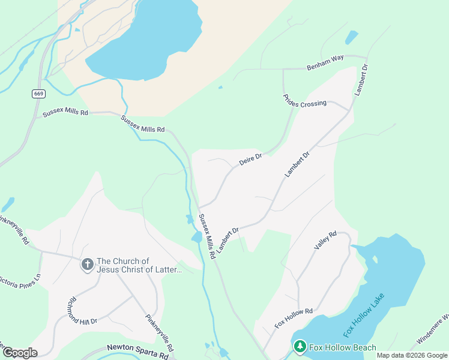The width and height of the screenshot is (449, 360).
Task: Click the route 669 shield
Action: point(38,94)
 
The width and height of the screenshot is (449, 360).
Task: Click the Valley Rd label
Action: point(325,240)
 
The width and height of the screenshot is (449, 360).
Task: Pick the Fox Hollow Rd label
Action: point(294,317)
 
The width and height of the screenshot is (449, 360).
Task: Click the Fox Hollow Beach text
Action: point(343,347)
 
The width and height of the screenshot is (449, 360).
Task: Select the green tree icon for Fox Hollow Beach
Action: point(299,347)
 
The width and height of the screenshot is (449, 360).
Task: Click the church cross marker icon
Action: point(87,265)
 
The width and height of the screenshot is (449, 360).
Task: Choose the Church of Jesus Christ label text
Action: point(139,265)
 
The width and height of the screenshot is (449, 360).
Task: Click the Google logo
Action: point(20,352)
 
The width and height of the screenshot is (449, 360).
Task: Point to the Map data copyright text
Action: point(411,355)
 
